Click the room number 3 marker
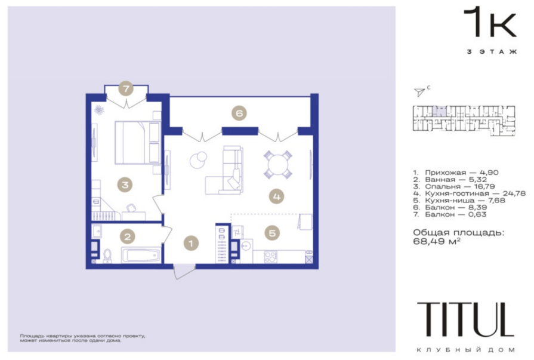[125, 184]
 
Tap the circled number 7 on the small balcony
[126, 89]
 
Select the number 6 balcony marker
[239, 113]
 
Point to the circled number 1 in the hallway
[191, 244]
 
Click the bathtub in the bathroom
[141, 255]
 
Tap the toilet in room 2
[107, 256]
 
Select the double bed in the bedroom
[138, 143]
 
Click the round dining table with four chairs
[278, 165]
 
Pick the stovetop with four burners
[271, 257]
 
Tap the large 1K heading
[490, 22]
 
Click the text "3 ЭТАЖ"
[492, 52]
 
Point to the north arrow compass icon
[419, 91]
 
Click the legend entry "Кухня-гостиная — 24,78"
[470, 193]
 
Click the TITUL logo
[465, 319]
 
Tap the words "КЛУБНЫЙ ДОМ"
[465, 350]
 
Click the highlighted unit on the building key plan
[441, 111]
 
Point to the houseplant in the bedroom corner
[99, 110]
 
